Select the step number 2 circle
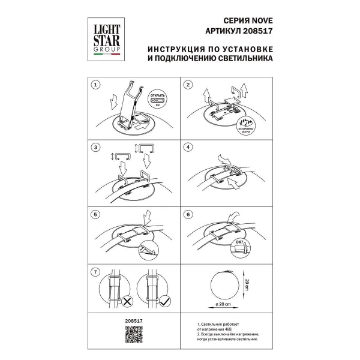click(x=188, y=85)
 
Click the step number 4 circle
click(x=188, y=147)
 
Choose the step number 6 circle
click(x=188, y=214)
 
